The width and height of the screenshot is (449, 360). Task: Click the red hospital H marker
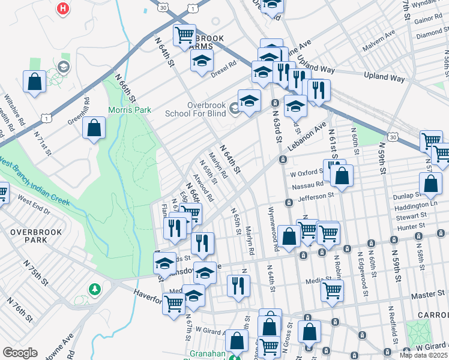click(63, 8)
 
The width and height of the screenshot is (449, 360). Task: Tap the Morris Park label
click(129, 110)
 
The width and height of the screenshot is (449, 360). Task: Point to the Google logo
click(19, 353)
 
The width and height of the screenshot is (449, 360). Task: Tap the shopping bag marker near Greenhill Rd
click(94, 128)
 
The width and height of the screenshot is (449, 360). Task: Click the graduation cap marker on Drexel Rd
click(202, 60)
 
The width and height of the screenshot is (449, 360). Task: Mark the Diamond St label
click(429, 34)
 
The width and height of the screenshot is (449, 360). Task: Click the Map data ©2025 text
click(423, 355)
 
